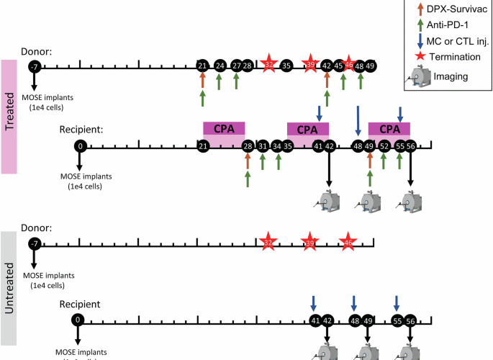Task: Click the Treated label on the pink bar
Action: tap(10, 117)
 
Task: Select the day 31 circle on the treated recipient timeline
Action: tap(263, 146)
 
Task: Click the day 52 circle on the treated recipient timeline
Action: tap(384, 146)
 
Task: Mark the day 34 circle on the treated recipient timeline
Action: tap(277, 146)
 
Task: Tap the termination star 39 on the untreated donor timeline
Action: tap(309, 243)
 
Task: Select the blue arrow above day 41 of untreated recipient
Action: tap(314, 302)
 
